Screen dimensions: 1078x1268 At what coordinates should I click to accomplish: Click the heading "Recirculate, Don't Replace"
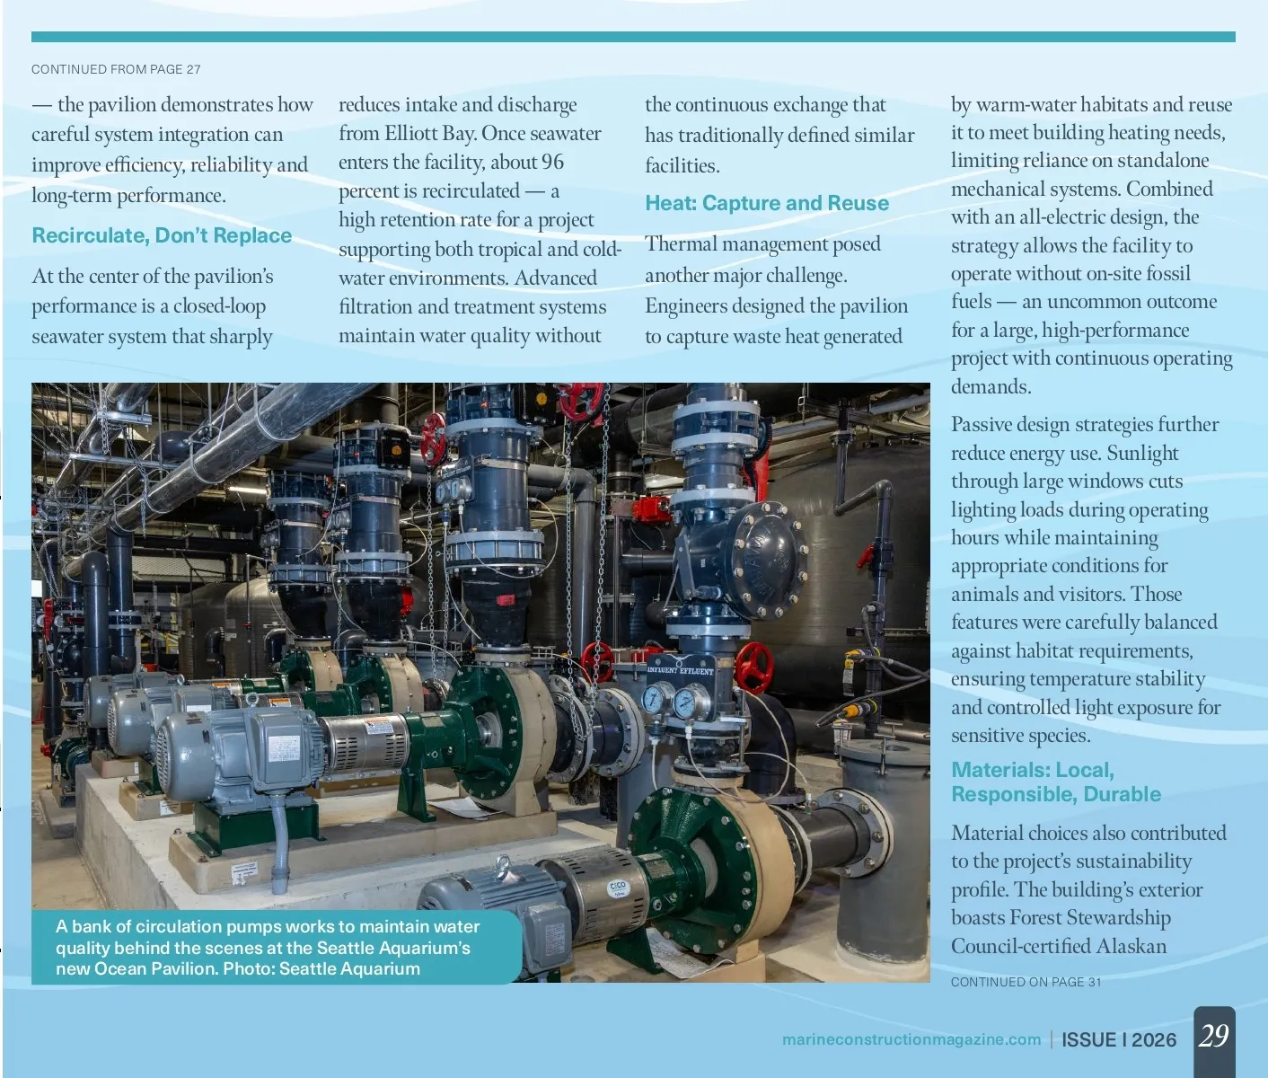(x=162, y=235)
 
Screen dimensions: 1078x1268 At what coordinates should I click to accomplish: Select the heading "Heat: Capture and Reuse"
(x=767, y=203)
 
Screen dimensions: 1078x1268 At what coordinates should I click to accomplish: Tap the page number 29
(x=1213, y=1036)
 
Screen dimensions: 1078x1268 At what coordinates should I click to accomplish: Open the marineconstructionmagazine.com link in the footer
(x=911, y=1039)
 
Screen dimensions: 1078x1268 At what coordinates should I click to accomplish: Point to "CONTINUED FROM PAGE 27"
(x=116, y=69)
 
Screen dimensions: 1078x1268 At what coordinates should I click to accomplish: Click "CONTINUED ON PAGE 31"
(x=1026, y=982)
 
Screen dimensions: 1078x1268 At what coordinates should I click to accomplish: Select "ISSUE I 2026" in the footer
(x=1118, y=1039)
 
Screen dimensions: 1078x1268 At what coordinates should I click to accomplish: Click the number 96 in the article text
(x=552, y=162)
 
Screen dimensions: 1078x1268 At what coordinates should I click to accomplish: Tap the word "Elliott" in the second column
(x=418, y=133)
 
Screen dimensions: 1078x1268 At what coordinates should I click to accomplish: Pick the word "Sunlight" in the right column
(x=1142, y=453)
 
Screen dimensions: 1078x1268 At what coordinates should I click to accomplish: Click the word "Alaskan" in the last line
(x=1129, y=946)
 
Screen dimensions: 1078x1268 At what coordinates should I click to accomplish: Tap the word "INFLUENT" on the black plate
(x=662, y=670)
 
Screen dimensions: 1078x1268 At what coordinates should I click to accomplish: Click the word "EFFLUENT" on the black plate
(x=697, y=671)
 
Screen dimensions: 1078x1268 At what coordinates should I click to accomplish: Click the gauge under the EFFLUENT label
(x=685, y=702)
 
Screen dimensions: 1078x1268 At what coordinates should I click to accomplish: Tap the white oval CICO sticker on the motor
(x=618, y=888)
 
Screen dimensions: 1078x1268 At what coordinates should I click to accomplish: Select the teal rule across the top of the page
(x=633, y=37)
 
